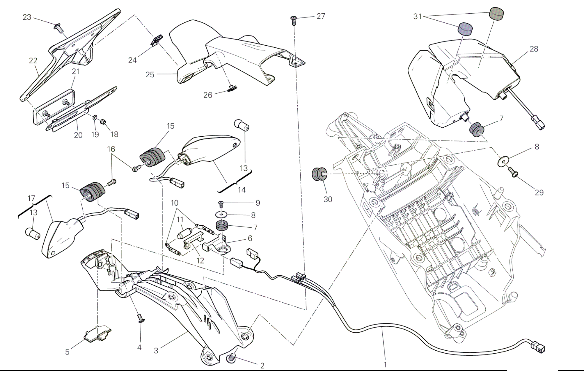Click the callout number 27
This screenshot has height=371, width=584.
point(321,16)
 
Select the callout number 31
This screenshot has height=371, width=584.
point(417,17)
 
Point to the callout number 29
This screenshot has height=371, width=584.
point(539,192)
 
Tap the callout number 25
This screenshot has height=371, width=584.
point(150,75)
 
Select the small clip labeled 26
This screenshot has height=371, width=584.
point(232,89)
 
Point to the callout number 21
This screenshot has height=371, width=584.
point(76,71)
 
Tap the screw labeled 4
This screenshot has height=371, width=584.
point(141,319)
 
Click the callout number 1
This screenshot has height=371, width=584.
point(385,364)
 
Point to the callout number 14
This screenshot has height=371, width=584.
point(242,190)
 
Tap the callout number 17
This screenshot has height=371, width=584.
point(31,198)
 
